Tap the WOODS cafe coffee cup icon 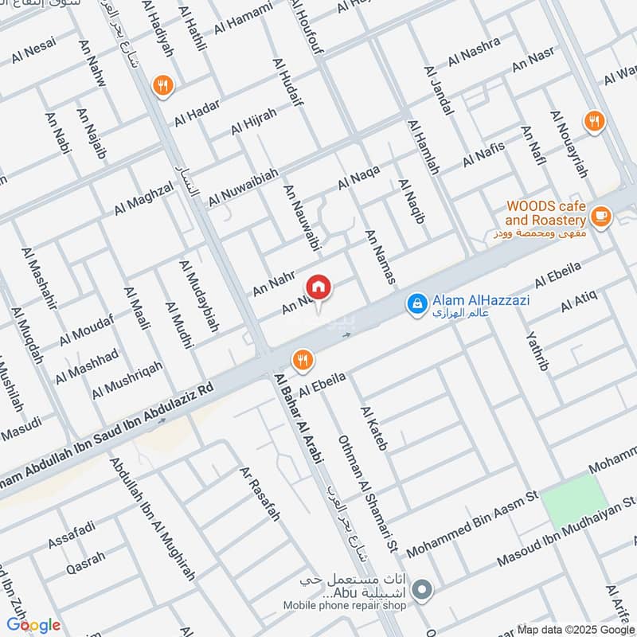coord(600,217)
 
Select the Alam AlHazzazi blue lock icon coord(416,303)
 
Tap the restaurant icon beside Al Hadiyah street coord(163,85)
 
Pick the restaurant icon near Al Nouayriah coord(593,121)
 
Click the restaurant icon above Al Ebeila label coord(302,360)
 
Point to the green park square coord(571,499)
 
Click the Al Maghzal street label coord(143,197)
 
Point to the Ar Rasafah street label coord(260,494)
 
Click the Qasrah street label coord(86,561)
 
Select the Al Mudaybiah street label coord(199,295)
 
